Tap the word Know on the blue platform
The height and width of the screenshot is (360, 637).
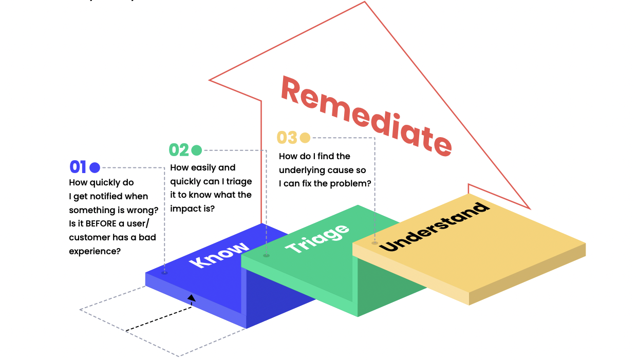pyautogui.click(x=219, y=254)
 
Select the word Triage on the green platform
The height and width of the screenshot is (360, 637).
pyautogui.click(x=317, y=239)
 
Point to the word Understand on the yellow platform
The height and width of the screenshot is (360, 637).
pyautogui.click(x=434, y=227)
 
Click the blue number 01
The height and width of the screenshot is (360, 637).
pyautogui.click(x=78, y=167)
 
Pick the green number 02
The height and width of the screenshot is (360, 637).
pyautogui.click(x=179, y=150)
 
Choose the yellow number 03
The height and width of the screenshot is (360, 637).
pyautogui.click(x=287, y=138)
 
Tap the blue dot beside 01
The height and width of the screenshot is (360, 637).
pyautogui.click(x=95, y=167)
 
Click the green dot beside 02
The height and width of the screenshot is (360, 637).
pyautogui.click(x=196, y=150)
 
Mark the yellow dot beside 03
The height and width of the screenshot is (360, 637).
pyautogui.click(x=305, y=138)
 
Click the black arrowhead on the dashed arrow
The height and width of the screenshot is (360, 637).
pyautogui.click(x=192, y=297)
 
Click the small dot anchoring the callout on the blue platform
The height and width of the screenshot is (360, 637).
pyautogui.click(x=165, y=273)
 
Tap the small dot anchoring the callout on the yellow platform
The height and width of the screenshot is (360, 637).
pyautogui.click(x=374, y=243)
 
